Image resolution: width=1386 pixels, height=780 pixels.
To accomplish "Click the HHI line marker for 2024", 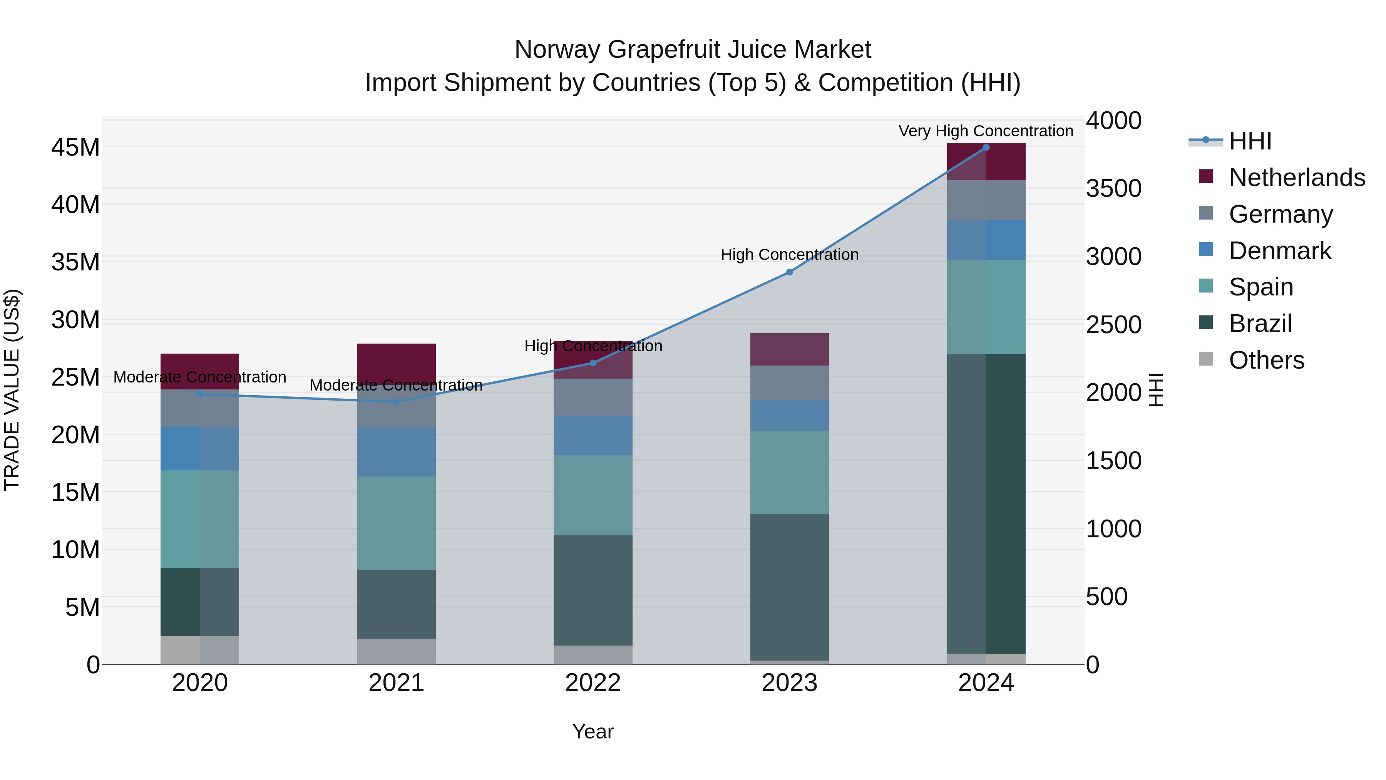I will point(986,148).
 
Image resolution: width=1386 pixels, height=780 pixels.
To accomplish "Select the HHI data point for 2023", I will point(789,272).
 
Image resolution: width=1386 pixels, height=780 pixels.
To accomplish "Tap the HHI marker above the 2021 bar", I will point(396,402).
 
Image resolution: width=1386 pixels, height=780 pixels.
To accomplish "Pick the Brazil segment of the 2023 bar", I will point(789,587).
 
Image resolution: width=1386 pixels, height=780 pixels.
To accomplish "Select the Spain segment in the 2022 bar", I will point(593,495).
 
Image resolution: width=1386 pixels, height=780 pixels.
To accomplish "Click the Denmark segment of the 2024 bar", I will point(986,240).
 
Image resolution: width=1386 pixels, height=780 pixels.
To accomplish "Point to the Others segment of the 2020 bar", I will point(199,650).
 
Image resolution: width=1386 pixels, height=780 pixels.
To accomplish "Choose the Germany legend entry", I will point(1281,214).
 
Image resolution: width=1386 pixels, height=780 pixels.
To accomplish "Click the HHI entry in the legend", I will point(1249,141).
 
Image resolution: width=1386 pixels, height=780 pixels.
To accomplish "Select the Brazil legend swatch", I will point(1206,323).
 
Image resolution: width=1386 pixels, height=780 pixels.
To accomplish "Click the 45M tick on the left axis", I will point(75,148).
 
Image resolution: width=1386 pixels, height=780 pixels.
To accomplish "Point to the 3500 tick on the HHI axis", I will point(1113,188).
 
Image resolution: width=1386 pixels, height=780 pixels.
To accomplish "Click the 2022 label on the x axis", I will point(593,683).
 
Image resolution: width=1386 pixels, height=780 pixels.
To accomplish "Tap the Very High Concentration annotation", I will point(986,131).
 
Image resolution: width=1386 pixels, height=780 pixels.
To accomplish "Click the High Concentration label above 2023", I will point(789,255).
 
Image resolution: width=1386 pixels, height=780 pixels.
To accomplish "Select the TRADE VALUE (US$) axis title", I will point(12,390).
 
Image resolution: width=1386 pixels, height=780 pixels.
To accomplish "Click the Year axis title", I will point(593,731).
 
